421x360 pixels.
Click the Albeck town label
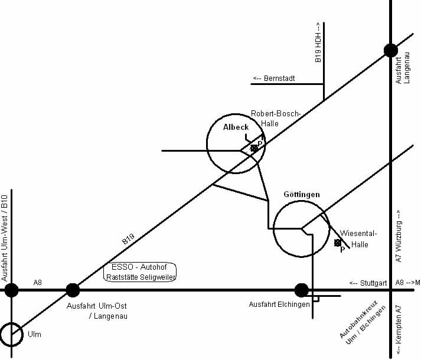236,127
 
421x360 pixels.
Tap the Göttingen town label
302,194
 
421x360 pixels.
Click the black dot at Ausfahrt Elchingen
302,290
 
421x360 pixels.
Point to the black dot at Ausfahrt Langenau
390,50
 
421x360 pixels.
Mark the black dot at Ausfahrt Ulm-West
11,290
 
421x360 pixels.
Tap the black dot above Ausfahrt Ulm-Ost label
73,290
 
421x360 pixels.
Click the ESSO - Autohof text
141,267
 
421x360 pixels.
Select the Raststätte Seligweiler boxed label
141,276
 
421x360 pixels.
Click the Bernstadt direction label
274,78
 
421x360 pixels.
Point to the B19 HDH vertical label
318,42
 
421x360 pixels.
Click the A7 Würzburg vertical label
399,236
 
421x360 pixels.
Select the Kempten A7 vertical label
399,328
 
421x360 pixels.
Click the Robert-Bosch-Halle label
276,118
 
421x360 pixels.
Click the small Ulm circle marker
12,335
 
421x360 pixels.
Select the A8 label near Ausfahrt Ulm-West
38,283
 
